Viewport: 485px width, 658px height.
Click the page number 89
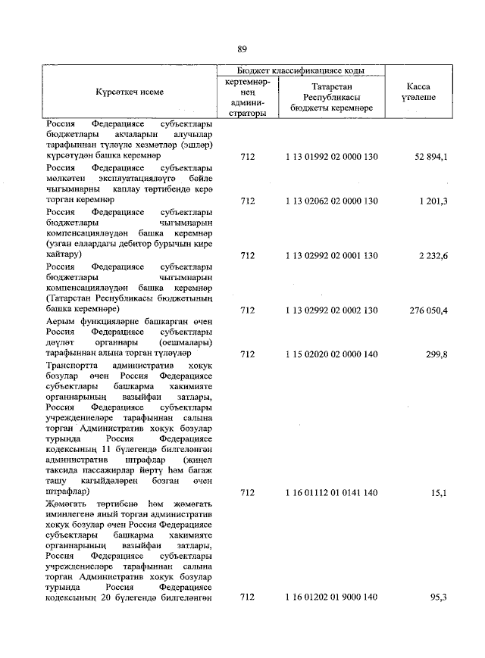242,49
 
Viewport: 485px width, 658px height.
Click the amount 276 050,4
430,310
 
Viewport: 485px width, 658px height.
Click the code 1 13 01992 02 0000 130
331,157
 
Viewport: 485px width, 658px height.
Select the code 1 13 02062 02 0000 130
331,201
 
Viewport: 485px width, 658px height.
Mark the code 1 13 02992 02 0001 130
331,256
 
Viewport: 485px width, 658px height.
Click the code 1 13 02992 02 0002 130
331,310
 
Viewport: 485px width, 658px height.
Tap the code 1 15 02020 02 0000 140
331,354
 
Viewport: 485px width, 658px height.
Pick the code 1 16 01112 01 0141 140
331,491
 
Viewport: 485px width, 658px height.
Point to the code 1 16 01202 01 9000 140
331,597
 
